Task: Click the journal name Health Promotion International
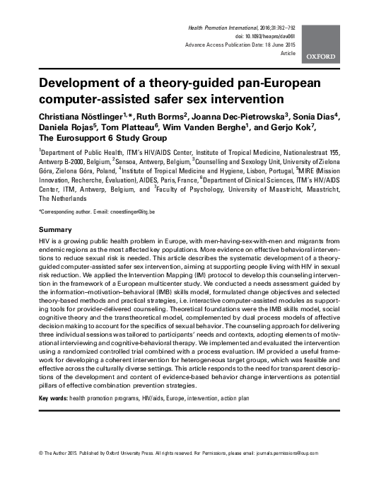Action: pyautogui.click(x=237, y=26)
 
